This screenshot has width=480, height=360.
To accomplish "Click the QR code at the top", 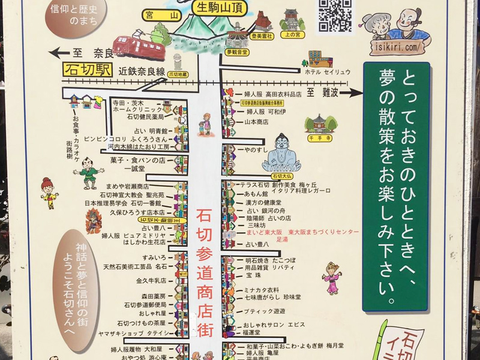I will coord(335,15).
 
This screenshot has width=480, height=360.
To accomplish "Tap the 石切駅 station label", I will coord(87,70).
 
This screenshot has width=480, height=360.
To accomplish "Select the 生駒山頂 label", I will coord(218,8).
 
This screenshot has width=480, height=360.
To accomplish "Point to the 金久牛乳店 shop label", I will coord(151,280).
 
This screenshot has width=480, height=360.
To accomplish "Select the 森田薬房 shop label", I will coord(153,296).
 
